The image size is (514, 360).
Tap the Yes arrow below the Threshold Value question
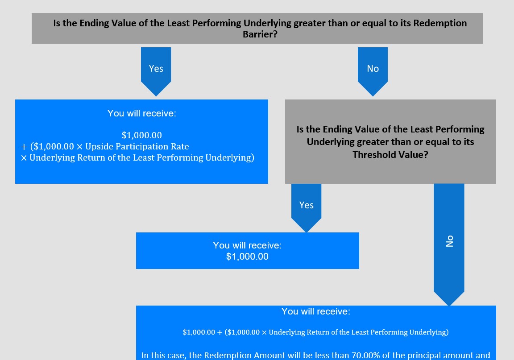click(306, 208)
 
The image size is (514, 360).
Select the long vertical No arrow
click(449, 244)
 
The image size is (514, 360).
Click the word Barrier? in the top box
click(260, 34)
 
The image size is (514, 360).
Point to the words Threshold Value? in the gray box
click(390, 154)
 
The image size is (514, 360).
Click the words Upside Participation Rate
click(137, 147)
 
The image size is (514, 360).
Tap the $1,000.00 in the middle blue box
click(247, 257)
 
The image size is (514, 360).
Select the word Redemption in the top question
click(440, 23)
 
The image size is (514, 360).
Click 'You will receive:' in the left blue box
click(141, 113)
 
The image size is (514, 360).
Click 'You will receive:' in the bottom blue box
click(316, 311)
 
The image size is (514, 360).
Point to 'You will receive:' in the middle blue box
click(247, 245)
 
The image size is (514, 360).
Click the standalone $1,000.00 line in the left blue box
click(141, 136)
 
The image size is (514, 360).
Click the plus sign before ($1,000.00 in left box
click(24, 147)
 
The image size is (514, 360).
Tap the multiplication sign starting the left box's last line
click(24, 158)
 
